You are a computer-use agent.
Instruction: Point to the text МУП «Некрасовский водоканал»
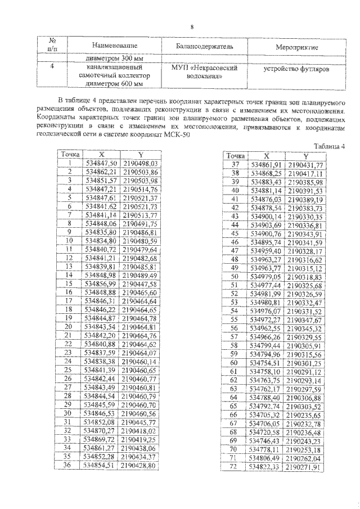tap(204, 71)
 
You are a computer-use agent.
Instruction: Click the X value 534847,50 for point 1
tap(101, 163)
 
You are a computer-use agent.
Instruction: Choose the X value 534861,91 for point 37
tap(265, 165)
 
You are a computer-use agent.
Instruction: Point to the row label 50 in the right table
tap(235, 277)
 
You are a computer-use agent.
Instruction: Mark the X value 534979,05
tap(265, 277)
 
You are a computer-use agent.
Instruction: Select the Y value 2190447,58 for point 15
tap(141, 284)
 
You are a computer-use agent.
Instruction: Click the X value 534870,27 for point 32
tap(101, 430)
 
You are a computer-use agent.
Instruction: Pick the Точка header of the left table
tap(70, 154)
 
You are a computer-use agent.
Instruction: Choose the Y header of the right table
tap(304, 156)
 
